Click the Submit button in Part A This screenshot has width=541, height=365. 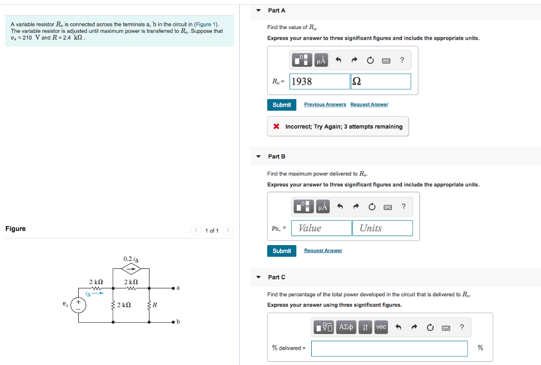pos(282,105)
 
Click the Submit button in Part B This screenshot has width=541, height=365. pos(282,251)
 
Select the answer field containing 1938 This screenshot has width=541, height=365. pos(319,81)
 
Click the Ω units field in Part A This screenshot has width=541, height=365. pos(380,81)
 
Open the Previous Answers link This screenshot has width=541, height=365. pos(325,105)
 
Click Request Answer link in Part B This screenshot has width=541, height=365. pos(323,251)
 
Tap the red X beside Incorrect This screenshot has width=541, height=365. pos(276,127)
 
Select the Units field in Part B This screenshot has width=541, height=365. pos(382,228)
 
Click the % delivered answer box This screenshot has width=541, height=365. pos(389,348)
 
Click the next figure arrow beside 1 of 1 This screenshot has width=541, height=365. pos(228,230)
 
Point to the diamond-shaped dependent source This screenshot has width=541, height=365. pos(131,269)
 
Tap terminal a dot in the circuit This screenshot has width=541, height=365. pos(173,288)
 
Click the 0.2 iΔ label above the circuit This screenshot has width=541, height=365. pos(130,259)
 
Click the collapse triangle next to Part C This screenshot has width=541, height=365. pos(258,277)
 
